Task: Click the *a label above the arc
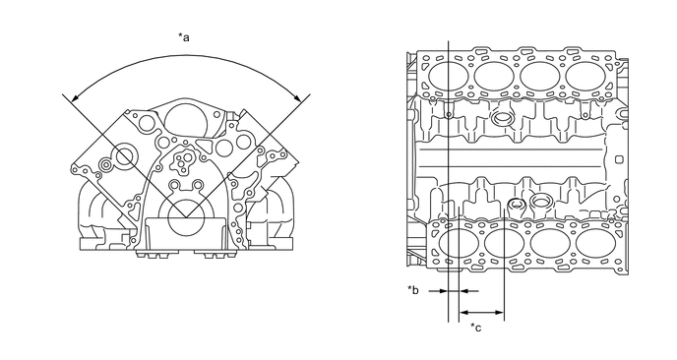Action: coord(184,37)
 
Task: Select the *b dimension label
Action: coord(413,289)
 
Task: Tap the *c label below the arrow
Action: coord(476,328)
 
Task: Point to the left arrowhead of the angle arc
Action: coord(76,97)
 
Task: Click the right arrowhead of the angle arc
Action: coord(297,97)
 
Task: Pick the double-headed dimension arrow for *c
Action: coord(481,312)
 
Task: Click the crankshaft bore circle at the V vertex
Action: coord(186,218)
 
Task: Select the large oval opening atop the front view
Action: coord(186,120)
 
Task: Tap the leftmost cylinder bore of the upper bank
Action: coord(448,76)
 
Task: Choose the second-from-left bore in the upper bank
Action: coord(494,76)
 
